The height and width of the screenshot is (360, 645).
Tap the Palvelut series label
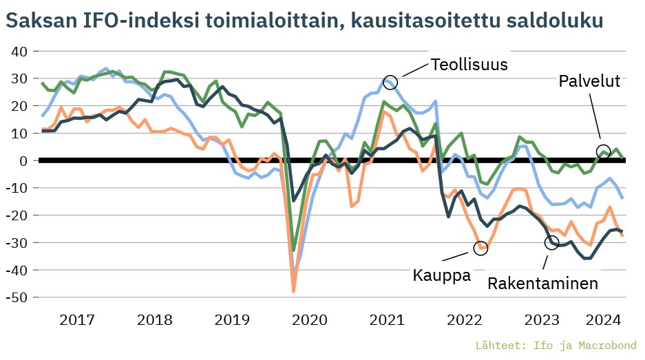[x=589, y=81]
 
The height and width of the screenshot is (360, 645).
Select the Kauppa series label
[x=441, y=275]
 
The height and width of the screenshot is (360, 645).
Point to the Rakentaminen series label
[x=542, y=283]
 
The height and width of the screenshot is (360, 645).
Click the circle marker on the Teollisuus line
[x=390, y=82]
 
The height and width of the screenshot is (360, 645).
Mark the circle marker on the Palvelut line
[x=603, y=152]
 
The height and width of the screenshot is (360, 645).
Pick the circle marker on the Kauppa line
[x=480, y=248]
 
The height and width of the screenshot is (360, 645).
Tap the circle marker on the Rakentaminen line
[x=551, y=242]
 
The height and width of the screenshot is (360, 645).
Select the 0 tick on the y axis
[x=23, y=160]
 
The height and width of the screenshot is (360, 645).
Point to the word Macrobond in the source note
[x=605, y=344]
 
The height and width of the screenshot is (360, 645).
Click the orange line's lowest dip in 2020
[x=294, y=291]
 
